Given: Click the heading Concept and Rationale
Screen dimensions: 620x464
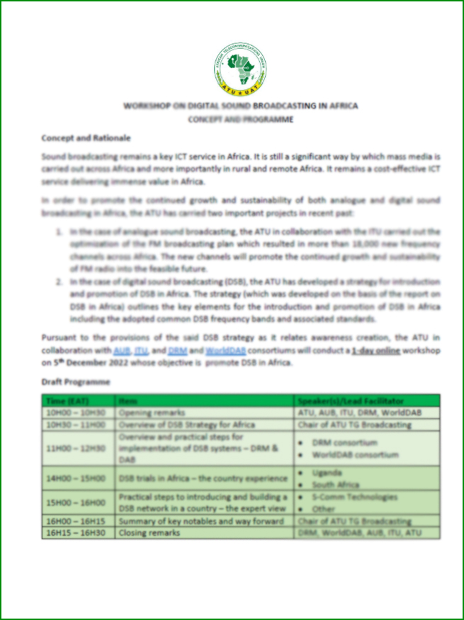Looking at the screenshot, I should coord(85,137).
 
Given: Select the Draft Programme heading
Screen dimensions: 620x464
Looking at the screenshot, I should coord(76,382).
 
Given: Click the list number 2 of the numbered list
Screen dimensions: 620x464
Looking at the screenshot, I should coord(60,282).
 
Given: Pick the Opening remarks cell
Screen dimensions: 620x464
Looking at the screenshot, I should coord(152,412).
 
